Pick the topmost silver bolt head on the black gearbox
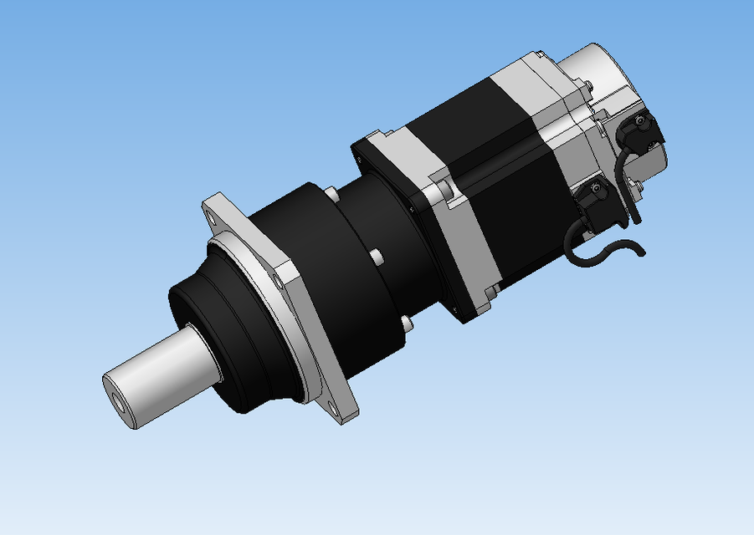pyautogui.click(x=332, y=195)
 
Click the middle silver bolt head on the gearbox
pyautogui.click(x=377, y=256)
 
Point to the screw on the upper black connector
pyautogui.click(x=641, y=121)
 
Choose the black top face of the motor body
pyautogui.click(x=469, y=109)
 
